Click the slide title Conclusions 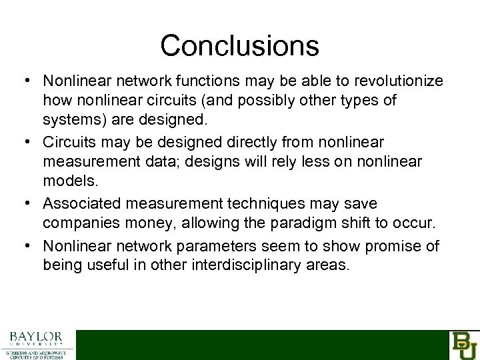(239, 45)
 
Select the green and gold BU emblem (464, 345)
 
